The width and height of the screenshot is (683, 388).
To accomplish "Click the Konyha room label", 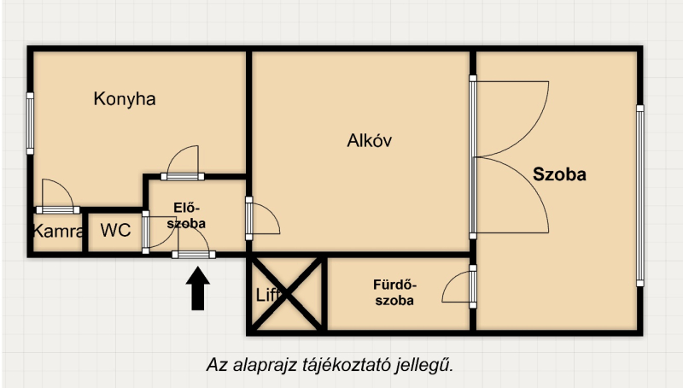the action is coord(125,99).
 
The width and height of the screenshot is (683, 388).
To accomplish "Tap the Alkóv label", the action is coord(370,140).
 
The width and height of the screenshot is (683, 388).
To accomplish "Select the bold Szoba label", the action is coord(559,174).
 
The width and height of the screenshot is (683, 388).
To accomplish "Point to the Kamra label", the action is coord(57,231).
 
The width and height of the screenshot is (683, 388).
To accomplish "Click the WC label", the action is coord(115,230).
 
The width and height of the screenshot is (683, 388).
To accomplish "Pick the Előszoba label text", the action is coord(186,215).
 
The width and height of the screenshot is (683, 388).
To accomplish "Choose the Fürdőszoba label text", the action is coord(394,292).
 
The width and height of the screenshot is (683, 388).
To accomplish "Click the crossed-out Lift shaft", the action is coord(287,295).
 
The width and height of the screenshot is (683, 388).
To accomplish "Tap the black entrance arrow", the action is coord(198,289).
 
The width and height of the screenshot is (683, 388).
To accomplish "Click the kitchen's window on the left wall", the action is coord(30,123).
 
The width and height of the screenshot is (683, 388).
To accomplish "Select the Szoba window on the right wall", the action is coord(639,196).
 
